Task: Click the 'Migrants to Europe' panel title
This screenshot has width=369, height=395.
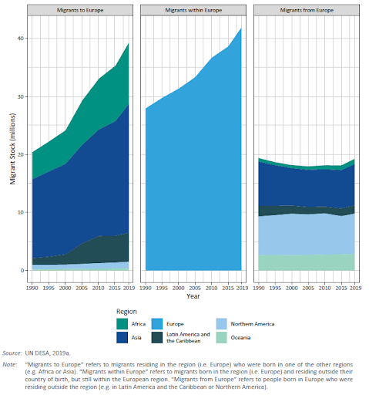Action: [80, 10]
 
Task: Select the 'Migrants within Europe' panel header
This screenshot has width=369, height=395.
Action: [193, 10]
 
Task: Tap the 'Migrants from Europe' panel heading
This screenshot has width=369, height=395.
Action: [307, 10]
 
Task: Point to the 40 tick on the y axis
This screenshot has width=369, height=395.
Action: [20, 39]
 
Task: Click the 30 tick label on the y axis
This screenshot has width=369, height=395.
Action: [20, 96]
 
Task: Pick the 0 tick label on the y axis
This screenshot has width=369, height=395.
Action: [22, 271]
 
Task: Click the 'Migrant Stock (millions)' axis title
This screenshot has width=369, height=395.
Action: [12, 149]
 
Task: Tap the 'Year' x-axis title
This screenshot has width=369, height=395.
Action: [193, 296]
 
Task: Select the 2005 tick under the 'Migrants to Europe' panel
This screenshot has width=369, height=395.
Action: [82, 288]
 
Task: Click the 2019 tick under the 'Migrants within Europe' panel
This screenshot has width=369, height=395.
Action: [242, 288]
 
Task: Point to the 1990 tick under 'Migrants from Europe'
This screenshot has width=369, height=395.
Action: [259, 288]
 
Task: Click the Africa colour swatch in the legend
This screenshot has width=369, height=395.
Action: [122, 324]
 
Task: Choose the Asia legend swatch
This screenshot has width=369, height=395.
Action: [122, 337]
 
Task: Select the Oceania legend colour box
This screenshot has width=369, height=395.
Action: [222, 337]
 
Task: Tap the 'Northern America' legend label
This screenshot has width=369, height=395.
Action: [253, 324]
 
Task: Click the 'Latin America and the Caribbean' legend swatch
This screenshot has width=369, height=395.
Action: [157, 337]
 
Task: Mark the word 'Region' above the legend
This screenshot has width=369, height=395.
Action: [126, 312]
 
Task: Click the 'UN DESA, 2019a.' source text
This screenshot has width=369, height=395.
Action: [48, 353]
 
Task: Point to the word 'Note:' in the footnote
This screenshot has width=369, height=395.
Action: [10, 365]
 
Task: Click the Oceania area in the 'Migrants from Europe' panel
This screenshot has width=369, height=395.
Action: [307, 262]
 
